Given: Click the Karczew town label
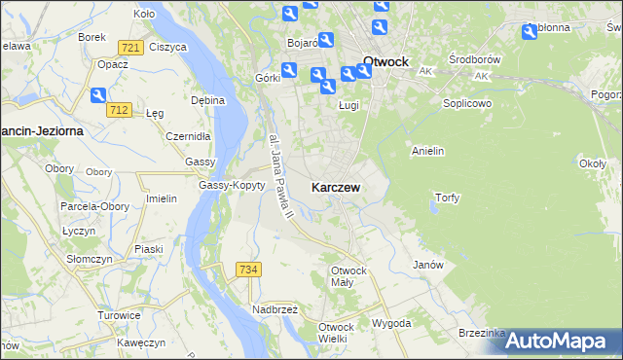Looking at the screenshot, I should [339, 187].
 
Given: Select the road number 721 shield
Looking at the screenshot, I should [130, 48].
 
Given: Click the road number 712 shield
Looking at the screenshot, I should [120, 109].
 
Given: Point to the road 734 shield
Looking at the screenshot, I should [248, 269].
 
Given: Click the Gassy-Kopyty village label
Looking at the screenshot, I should [232, 185].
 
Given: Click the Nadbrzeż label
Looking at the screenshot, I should [276, 309].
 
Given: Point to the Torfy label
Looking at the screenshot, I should [447, 198].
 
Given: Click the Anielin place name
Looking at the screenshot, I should [428, 151].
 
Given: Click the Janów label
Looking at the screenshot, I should [428, 265].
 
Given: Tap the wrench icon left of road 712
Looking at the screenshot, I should [98, 94].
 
